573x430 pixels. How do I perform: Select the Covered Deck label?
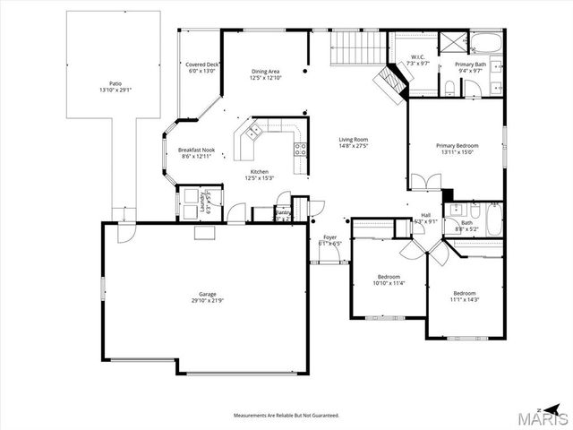201,65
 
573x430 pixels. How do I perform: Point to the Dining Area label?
265,72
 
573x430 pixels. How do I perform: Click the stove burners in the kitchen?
300,150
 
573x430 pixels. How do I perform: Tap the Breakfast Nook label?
196,150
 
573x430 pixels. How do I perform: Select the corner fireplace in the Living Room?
390,82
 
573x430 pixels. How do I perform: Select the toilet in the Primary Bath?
448,87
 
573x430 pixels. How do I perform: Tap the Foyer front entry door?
324,261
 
